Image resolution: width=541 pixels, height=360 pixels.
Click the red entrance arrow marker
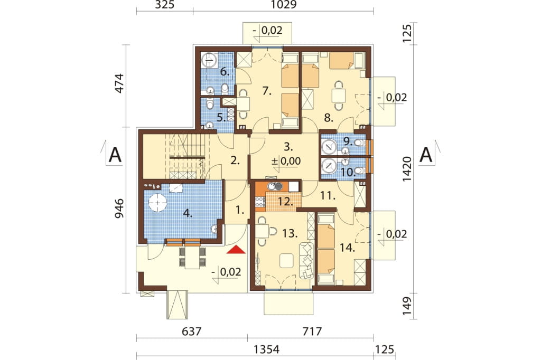[x=236, y=250]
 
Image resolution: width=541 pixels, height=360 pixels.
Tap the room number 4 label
[x=188, y=213]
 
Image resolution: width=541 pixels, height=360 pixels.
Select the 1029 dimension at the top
[x=284, y=5]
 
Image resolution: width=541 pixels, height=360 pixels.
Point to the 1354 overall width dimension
[x=266, y=349]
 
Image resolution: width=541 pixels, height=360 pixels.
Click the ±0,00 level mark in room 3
[x=286, y=161]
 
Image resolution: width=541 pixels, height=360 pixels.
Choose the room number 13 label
[x=290, y=234]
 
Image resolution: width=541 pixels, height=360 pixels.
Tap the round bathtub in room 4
[x=157, y=202]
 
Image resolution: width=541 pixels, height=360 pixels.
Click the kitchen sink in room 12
[x=275, y=186]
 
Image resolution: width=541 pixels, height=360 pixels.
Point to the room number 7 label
[x=266, y=91]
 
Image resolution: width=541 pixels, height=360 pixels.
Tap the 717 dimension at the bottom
[x=312, y=331]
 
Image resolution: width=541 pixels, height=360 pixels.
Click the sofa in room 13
[x=306, y=261]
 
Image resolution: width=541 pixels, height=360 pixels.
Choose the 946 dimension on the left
[x=119, y=209]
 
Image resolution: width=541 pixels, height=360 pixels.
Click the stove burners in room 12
[x=259, y=202]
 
